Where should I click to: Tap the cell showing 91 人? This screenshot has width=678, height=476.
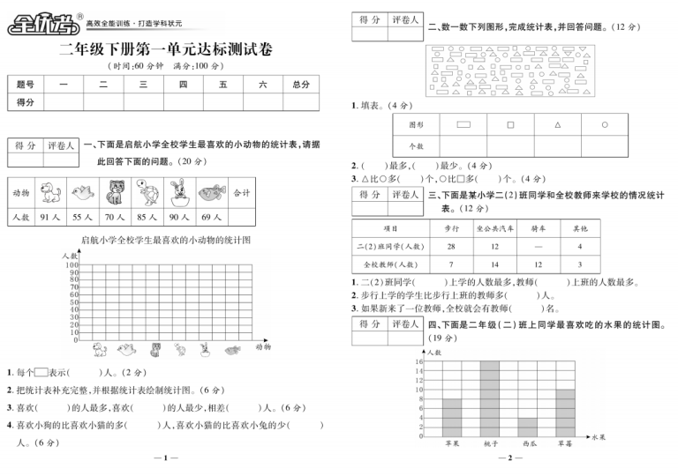click(x=49, y=216)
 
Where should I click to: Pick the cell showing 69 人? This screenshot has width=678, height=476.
click(x=211, y=216)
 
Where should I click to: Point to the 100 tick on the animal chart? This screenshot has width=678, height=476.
click(x=72, y=264)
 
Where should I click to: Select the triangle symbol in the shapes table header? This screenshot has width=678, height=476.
click(x=558, y=124)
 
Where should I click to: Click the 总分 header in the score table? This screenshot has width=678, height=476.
click(x=300, y=84)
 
